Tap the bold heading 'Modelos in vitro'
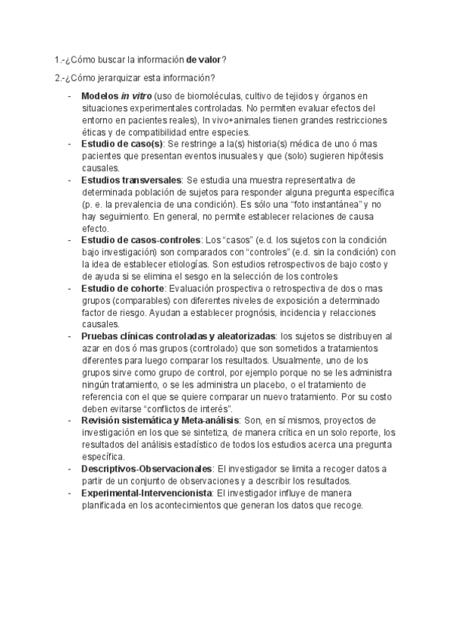click(116, 96)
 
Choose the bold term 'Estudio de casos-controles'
click(140, 240)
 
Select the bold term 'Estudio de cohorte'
click(123, 288)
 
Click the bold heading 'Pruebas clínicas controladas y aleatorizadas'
click(179, 336)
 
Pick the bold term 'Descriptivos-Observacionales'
click(146, 469)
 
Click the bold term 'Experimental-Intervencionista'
click(147, 493)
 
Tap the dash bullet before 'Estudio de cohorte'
click(69, 288)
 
